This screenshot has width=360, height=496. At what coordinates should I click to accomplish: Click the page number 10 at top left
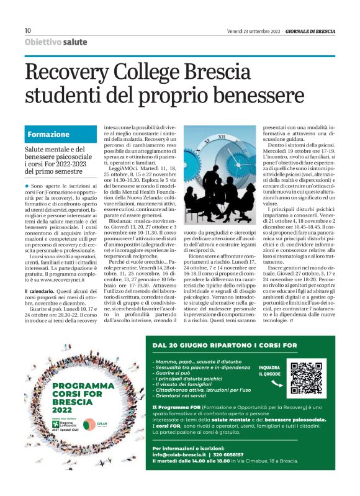click(27, 30)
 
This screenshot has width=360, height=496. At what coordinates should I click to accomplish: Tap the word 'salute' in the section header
click(75, 42)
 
